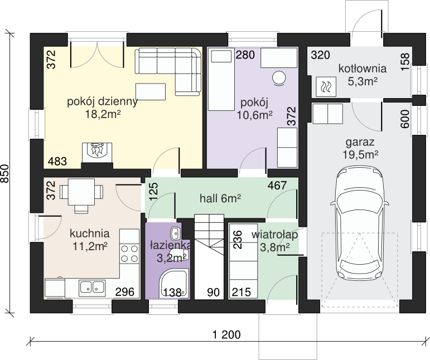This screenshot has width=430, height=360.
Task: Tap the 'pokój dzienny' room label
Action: [x=102, y=101]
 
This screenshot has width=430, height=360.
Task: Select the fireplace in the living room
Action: [x=97, y=153]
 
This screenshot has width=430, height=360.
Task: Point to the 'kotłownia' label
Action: [x=363, y=69]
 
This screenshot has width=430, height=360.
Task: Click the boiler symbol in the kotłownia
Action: [x=326, y=86]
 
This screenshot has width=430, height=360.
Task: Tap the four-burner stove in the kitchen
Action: [x=129, y=254]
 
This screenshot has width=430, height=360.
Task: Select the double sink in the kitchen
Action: [x=92, y=288]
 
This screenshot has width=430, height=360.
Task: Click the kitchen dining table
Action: [x=81, y=192]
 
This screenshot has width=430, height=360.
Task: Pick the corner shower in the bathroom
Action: [x=175, y=284]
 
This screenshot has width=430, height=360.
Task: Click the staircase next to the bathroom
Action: [x=209, y=257]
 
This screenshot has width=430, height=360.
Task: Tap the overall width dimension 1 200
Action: [x=226, y=334]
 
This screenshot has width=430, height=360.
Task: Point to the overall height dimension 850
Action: [x=5, y=173]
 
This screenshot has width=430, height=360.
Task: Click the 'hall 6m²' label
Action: [x=220, y=198]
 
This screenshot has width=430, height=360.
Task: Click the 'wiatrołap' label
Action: [x=275, y=235]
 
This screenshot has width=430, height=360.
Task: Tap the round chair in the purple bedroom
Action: [x=279, y=79]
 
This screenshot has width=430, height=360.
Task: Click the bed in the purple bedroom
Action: [x=221, y=80]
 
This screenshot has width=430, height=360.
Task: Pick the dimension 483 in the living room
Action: [x=57, y=162]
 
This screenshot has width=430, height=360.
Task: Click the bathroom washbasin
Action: [x=175, y=233]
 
